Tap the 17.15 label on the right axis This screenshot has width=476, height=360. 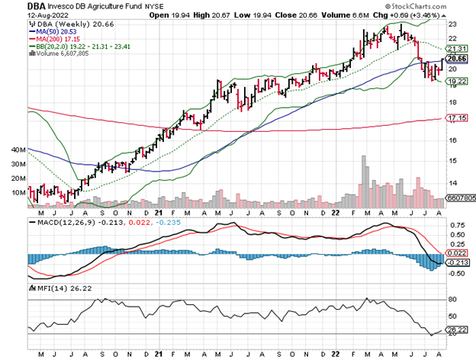pos(456,119)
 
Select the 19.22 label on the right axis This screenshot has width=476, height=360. pos(456,80)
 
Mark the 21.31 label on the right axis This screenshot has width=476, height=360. pos(456,47)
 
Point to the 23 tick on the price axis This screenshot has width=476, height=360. pos(452,24)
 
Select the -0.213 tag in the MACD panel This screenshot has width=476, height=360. pos(456,262)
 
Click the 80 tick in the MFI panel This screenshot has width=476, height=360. pos(452,300)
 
